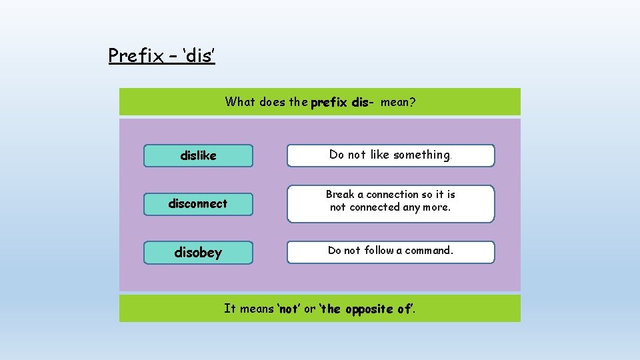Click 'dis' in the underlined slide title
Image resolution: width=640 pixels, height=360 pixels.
click(199, 55)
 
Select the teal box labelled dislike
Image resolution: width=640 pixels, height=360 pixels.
click(199, 155)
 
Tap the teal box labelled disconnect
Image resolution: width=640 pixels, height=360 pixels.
click(199, 203)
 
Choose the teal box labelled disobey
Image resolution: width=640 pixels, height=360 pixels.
click(199, 252)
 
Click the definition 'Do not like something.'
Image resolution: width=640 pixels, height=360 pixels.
click(391, 155)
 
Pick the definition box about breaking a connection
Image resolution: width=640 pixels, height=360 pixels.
click(391, 203)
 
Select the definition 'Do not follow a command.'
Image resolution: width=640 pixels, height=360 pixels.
click(391, 251)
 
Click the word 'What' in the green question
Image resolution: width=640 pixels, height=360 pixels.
click(239, 102)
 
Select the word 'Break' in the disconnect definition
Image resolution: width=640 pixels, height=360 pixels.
click(340, 195)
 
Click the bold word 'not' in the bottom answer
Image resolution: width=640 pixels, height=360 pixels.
click(288, 309)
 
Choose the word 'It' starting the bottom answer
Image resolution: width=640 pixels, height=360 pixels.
click(230, 309)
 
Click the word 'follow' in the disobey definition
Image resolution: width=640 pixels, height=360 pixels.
click(379, 251)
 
